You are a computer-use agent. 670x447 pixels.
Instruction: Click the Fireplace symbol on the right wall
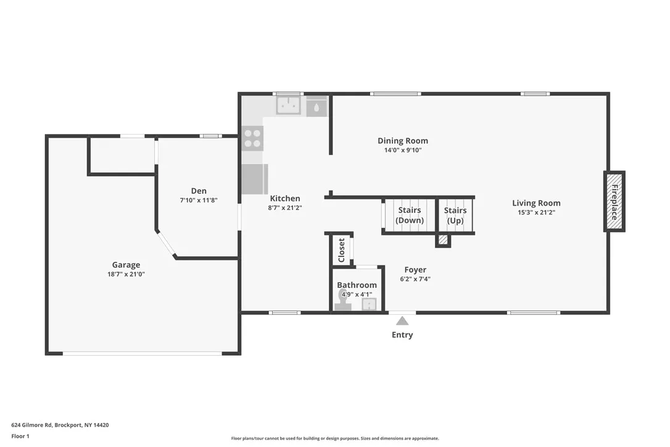pyautogui.click(x=614, y=201)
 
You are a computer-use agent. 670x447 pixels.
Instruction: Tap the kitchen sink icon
pyautogui.click(x=287, y=106)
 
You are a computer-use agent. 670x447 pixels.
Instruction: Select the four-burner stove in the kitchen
pyautogui.click(x=252, y=138)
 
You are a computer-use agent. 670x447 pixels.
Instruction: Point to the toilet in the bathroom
pyautogui.click(x=342, y=302)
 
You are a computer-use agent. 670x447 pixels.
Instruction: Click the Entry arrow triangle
pyautogui.click(x=402, y=320)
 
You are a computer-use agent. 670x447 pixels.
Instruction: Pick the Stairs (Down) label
pyautogui.click(x=410, y=215)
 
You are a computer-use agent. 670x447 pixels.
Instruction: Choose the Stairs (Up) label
pyautogui.click(x=455, y=215)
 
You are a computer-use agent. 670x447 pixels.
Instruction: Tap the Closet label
pyautogui.click(x=342, y=250)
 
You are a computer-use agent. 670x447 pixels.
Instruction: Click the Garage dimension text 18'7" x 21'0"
pyautogui.click(x=126, y=274)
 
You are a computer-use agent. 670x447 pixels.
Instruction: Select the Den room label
pyautogui.click(x=199, y=191)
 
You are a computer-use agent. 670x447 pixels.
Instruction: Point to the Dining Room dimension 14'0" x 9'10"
pyautogui.click(x=402, y=150)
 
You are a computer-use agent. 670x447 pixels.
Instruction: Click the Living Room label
pyautogui.click(x=536, y=203)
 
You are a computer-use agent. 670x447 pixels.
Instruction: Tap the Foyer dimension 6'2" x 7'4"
pyautogui.click(x=415, y=279)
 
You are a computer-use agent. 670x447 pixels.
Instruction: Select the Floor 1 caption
pyautogui.click(x=20, y=436)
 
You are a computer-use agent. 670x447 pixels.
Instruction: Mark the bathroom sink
pyautogui.click(x=369, y=304)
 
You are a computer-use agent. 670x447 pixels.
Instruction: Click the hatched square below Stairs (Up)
pyautogui.click(x=443, y=240)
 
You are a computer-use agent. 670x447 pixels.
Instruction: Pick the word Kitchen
pyautogui.click(x=285, y=198)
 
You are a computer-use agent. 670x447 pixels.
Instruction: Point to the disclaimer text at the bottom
pyautogui.click(x=335, y=438)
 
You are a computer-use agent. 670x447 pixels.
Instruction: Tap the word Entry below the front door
pyautogui.click(x=402, y=335)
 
